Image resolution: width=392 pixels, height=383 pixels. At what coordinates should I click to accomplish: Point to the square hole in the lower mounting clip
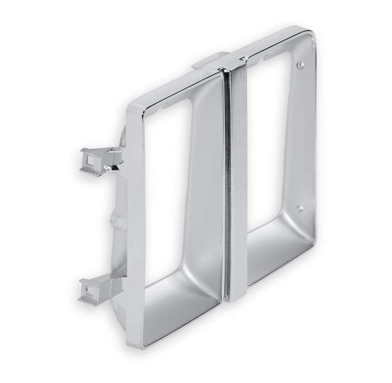click(x=88, y=292)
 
